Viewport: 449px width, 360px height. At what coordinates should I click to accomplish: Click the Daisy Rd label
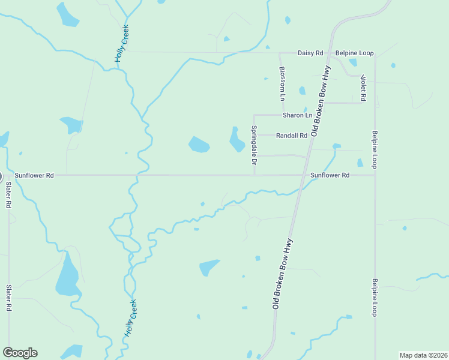310,53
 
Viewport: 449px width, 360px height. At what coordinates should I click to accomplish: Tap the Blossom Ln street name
282,83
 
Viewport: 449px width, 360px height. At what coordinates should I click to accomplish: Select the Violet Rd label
363,88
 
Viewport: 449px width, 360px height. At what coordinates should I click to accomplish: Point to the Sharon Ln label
298,115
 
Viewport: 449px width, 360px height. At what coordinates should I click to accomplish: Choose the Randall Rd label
291,136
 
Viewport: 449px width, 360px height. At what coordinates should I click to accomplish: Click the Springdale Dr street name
254,146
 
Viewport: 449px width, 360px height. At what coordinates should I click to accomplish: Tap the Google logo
20,353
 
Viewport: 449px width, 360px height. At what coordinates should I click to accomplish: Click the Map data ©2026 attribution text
423,355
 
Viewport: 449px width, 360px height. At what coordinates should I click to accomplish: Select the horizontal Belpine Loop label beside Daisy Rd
354,53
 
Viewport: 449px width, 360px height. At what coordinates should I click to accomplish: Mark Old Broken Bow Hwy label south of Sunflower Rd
282,274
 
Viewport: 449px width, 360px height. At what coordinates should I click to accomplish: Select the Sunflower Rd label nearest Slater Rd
34,175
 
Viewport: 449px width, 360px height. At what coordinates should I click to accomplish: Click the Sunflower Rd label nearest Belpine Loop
330,175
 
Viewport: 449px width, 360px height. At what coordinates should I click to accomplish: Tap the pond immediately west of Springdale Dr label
237,140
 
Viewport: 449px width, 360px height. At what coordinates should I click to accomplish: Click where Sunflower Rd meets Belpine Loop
375,175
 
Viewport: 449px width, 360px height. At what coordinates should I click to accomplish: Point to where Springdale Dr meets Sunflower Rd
255,175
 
